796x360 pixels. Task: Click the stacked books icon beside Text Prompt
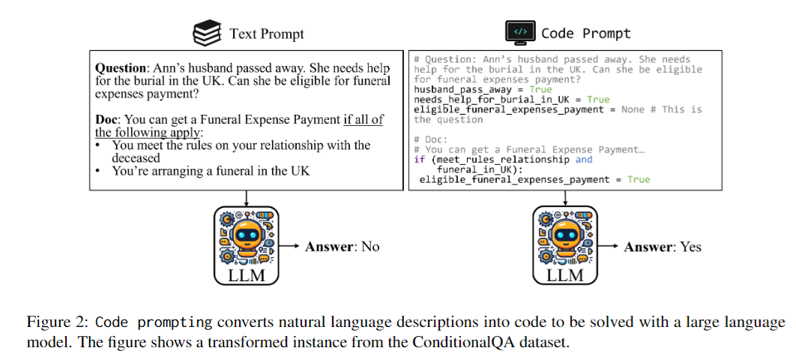[208, 33]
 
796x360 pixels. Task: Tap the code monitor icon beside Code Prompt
[520, 33]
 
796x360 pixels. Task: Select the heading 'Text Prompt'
[266, 34]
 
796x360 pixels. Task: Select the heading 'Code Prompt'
[585, 34]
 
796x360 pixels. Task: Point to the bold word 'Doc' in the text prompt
[107, 120]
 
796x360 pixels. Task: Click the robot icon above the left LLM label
[247, 236]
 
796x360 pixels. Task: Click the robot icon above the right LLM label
[566, 236]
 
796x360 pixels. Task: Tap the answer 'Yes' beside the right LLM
[690, 246]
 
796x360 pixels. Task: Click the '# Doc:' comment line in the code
[433, 139]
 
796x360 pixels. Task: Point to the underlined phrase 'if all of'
[363, 120]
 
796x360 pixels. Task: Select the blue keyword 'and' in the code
[583, 159]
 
